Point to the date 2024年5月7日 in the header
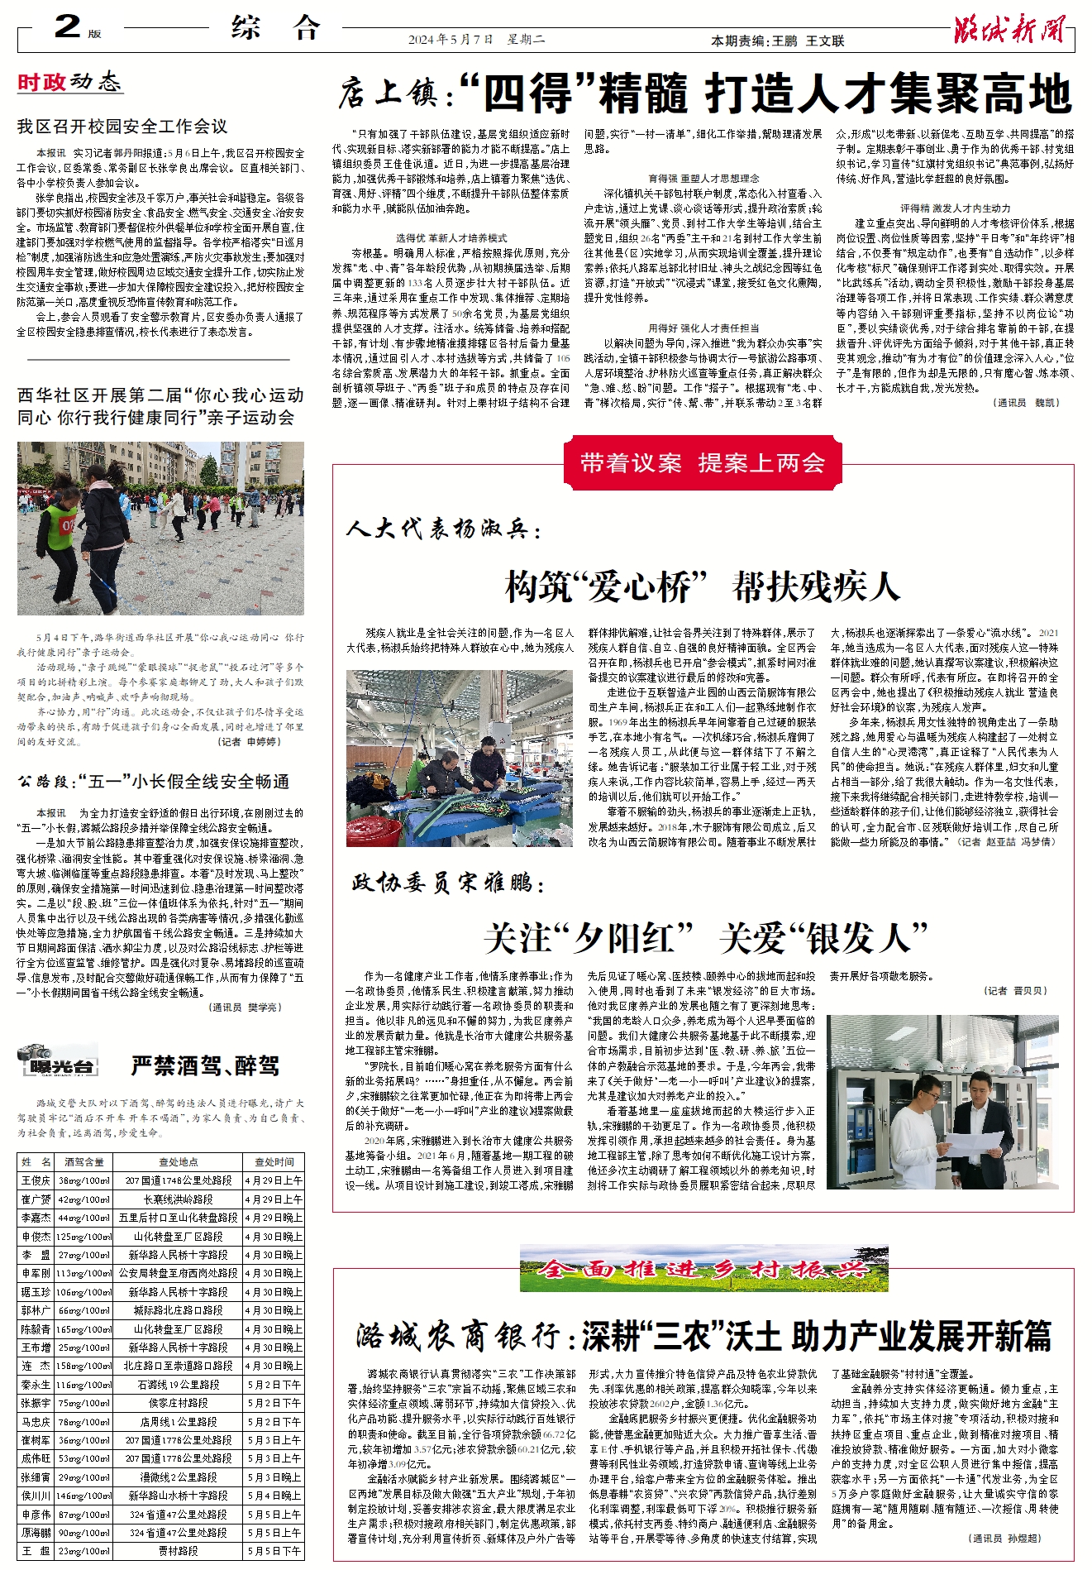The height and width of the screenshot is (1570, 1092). pos(451,40)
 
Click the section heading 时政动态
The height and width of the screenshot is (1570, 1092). pos(69,82)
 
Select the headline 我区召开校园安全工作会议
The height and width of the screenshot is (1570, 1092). pos(122,127)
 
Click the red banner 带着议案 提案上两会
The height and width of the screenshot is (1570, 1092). pos(703,463)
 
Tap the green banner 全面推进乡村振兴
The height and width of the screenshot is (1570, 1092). pos(703,1269)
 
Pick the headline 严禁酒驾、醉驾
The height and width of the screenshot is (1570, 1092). pos(205,1065)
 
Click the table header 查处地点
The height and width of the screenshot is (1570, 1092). pos(179,1162)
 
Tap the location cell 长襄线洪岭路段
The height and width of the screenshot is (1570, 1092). pos(179,1199)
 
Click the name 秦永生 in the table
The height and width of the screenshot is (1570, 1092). pos(36,1385)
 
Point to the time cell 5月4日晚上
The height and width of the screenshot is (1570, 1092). pos(274,1496)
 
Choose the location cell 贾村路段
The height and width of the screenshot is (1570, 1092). pos(179,1551)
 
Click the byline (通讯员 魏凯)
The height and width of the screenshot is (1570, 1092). pos(1024,403)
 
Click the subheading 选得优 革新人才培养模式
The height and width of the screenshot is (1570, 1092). pos(451,238)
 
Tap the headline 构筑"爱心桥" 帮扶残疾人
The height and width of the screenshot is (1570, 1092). pos(703,587)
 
